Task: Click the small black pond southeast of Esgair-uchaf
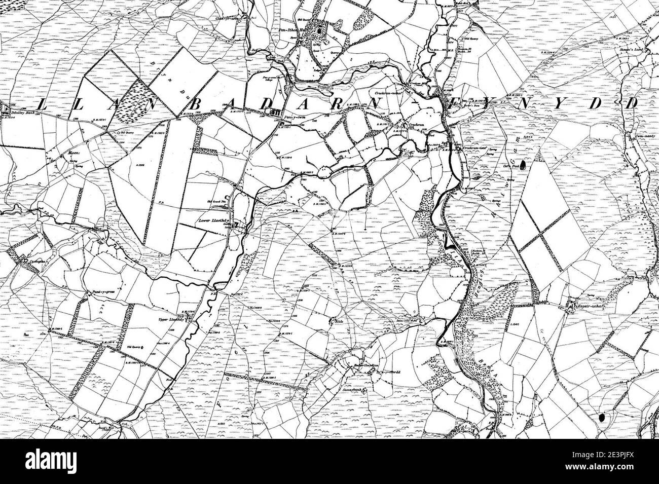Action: point(602,418)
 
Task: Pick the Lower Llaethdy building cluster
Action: point(239,226)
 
